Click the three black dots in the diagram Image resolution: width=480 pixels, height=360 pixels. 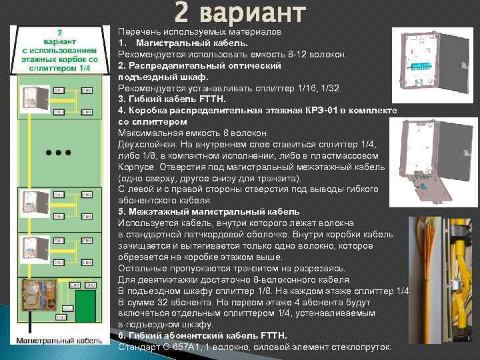pos(59,153)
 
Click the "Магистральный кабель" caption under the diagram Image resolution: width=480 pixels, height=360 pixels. pos(55,341)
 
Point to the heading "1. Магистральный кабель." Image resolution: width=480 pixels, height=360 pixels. pos(182,43)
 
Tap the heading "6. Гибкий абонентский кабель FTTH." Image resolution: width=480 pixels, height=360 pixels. pos(203,336)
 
